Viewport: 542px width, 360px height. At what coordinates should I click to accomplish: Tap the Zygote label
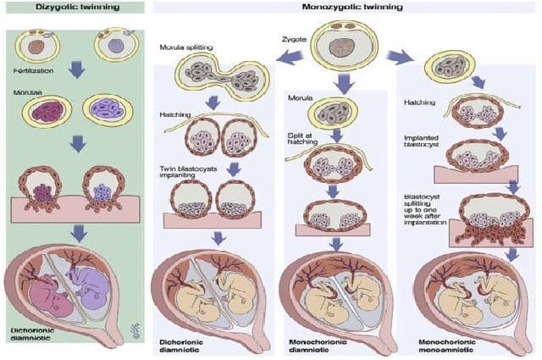pyautogui.click(x=292, y=39)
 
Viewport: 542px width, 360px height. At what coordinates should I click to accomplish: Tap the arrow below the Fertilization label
pyautogui.click(x=76, y=69)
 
